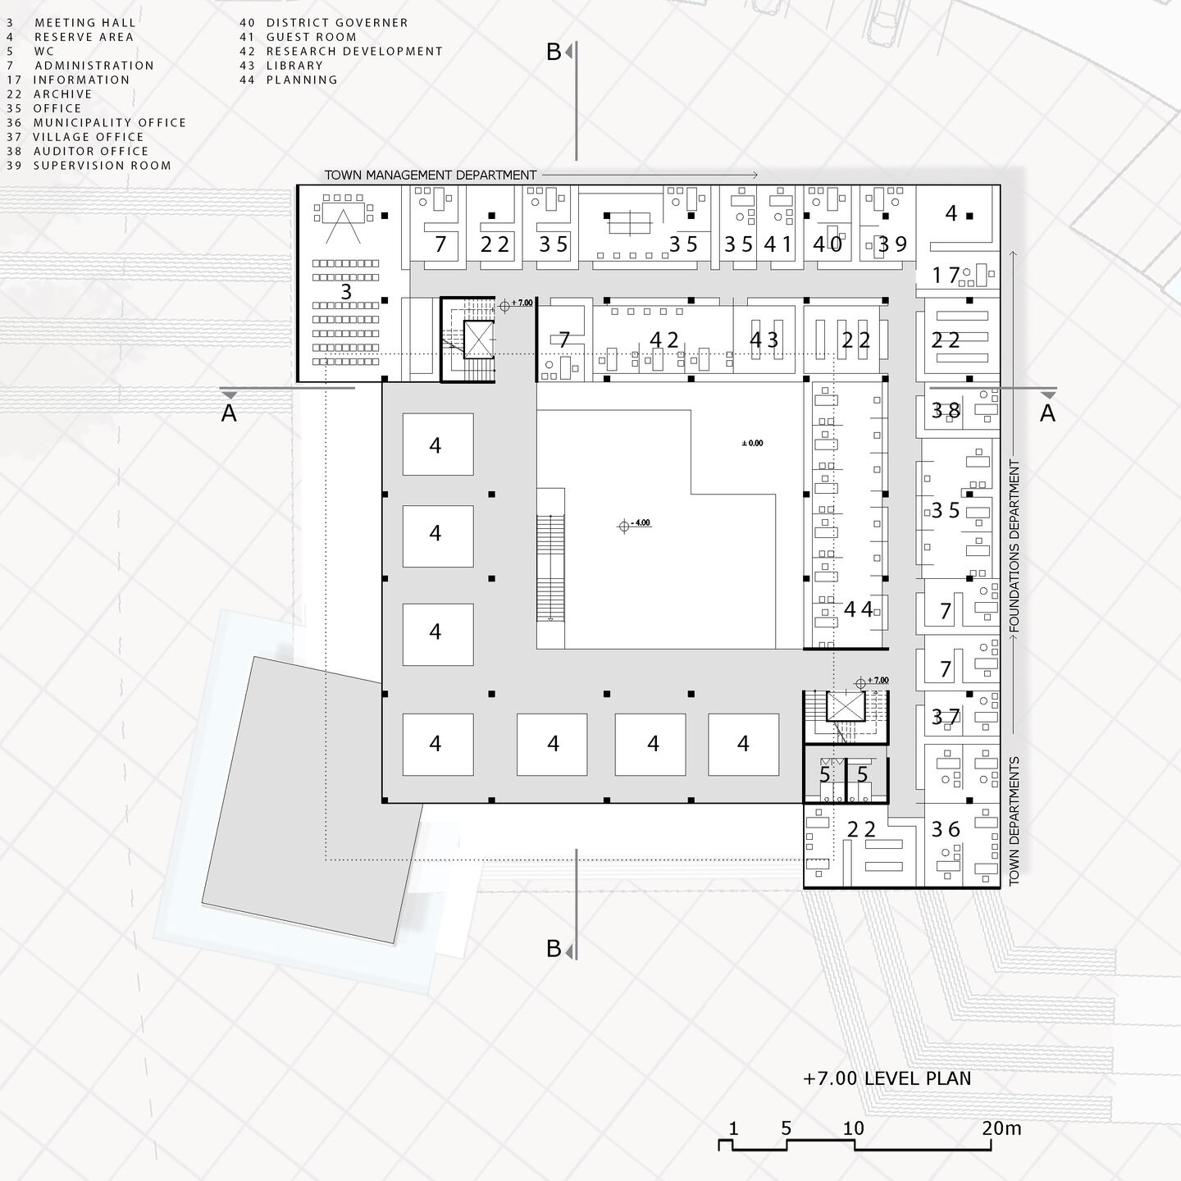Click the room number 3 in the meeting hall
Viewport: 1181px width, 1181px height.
click(x=346, y=292)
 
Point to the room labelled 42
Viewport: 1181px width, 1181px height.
click(x=664, y=340)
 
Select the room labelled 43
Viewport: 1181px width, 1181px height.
click(x=764, y=340)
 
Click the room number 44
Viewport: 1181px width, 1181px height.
click(x=859, y=609)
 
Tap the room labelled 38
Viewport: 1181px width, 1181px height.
click(x=945, y=409)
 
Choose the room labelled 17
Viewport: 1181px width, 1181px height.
click(x=946, y=276)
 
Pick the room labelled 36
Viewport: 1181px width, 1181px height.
click(x=946, y=829)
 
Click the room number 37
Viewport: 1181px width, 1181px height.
click(x=946, y=718)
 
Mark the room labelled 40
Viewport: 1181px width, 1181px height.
click(x=828, y=244)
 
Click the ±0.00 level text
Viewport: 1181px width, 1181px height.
click(x=752, y=443)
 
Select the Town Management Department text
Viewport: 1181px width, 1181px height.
click(x=431, y=175)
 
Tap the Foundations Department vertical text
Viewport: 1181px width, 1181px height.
click(x=1015, y=545)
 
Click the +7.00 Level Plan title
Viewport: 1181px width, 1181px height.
click(x=887, y=1078)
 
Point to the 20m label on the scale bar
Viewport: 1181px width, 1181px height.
click(x=1001, y=1128)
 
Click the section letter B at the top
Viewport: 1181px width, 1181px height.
click(x=554, y=52)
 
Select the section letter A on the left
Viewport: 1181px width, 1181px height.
click(x=229, y=413)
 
